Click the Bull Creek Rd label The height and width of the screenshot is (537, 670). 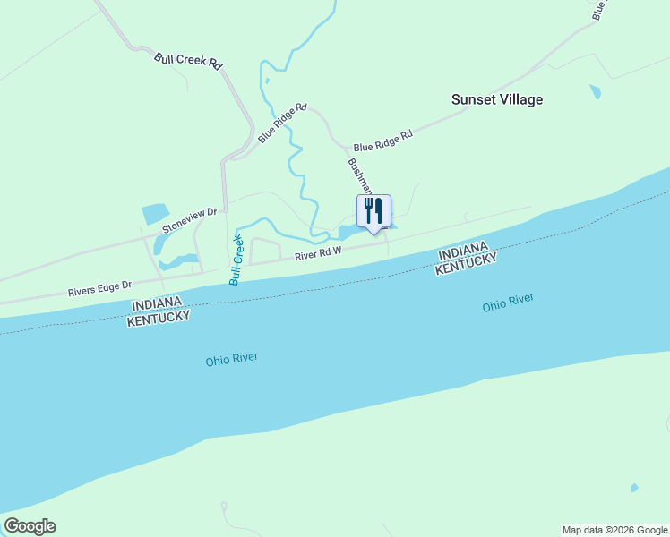pyautogui.click(x=187, y=61)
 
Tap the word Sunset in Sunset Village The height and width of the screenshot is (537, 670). pyautogui.click(x=475, y=99)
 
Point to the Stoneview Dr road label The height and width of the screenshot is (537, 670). pyautogui.click(x=190, y=220)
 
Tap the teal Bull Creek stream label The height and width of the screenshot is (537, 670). pyautogui.click(x=236, y=259)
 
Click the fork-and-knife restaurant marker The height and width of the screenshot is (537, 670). pyautogui.click(x=374, y=211)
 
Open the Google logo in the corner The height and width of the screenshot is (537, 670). pyautogui.click(x=30, y=526)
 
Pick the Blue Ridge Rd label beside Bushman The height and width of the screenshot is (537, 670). pyautogui.click(x=382, y=141)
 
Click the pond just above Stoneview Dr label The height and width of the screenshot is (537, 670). pyautogui.click(x=154, y=214)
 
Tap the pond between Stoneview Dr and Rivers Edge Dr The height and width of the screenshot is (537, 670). pyautogui.click(x=176, y=262)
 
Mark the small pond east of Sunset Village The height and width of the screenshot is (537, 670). pyautogui.click(x=595, y=91)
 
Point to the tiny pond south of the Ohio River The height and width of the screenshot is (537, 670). pyautogui.click(x=634, y=488)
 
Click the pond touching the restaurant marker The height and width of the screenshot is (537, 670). pyautogui.click(x=350, y=233)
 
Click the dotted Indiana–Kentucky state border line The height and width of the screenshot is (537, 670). pyautogui.click(x=358, y=286)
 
